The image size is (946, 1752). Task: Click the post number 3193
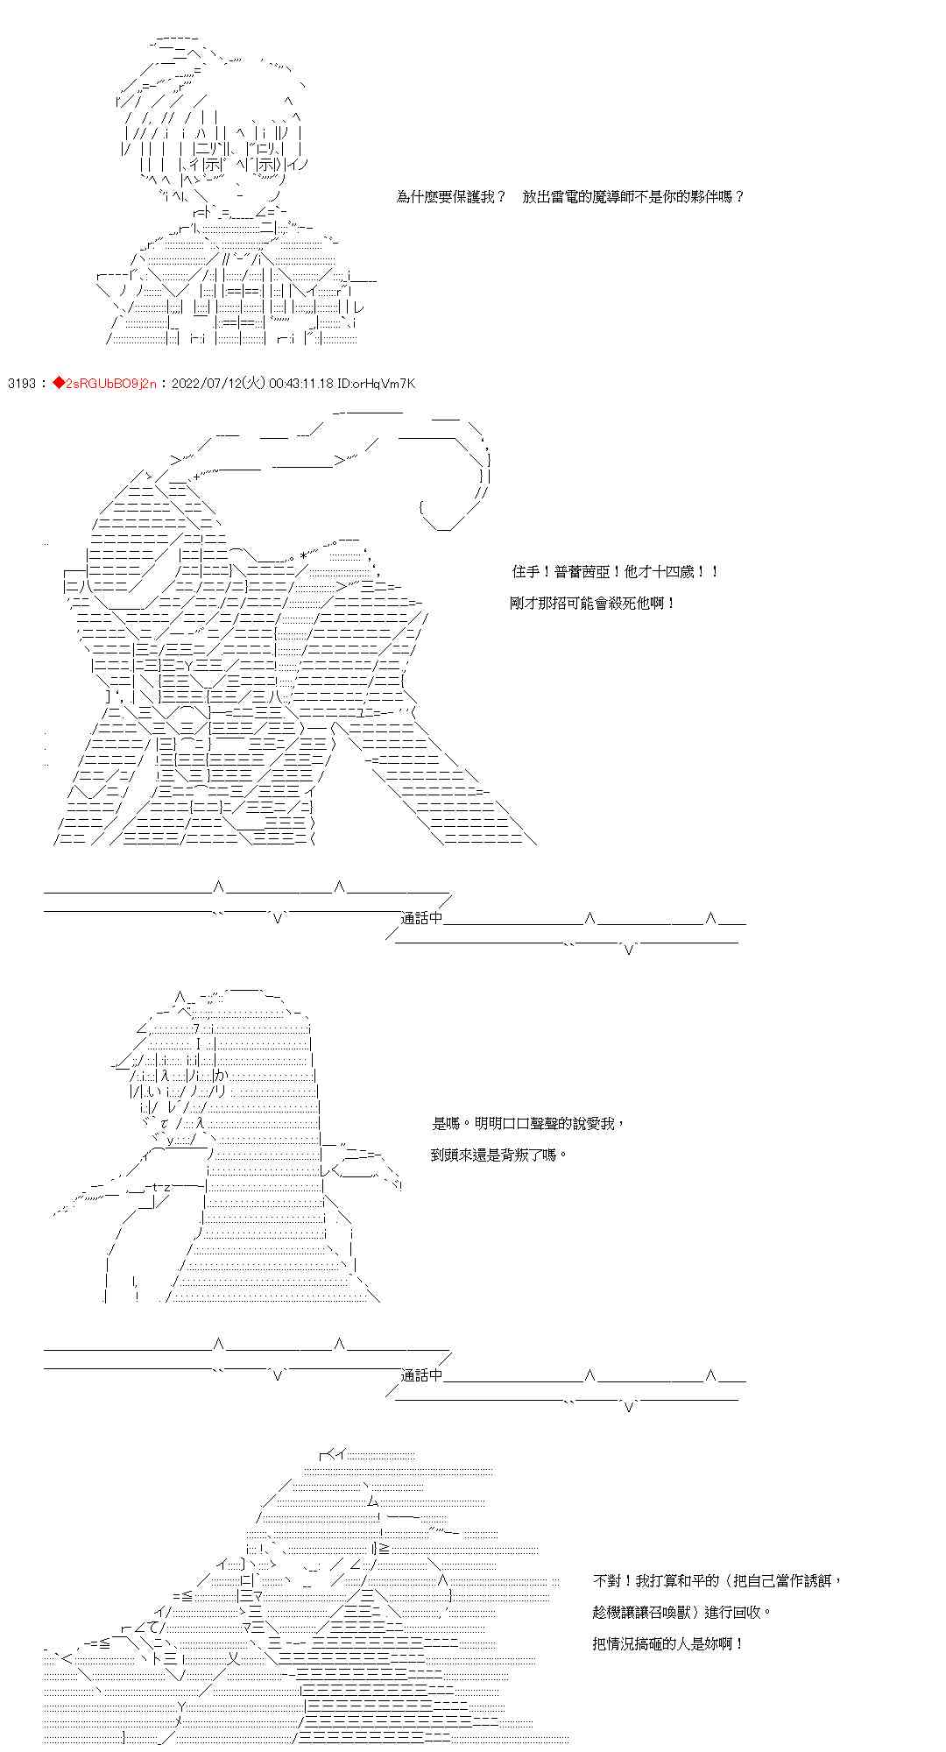point(21,383)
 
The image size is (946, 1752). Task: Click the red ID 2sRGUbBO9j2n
point(109,383)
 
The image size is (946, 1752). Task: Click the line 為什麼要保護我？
point(450,197)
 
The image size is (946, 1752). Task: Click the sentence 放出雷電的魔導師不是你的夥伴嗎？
point(633,197)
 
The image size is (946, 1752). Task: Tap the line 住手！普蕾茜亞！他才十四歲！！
point(616,572)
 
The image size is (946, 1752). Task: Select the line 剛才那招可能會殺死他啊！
point(593,604)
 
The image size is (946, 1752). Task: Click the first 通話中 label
point(422,919)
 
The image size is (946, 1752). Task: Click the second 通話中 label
point(422,1376)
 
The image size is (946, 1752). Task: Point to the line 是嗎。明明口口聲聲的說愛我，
point(529,1124)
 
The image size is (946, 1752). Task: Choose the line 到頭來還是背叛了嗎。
point(498,1155)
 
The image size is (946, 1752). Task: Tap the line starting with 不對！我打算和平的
point(717,1581)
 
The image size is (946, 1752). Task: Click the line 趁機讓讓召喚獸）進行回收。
point(682,1613)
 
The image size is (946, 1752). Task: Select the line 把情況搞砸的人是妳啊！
point(667,1644)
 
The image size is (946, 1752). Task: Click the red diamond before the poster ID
point(59,383)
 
